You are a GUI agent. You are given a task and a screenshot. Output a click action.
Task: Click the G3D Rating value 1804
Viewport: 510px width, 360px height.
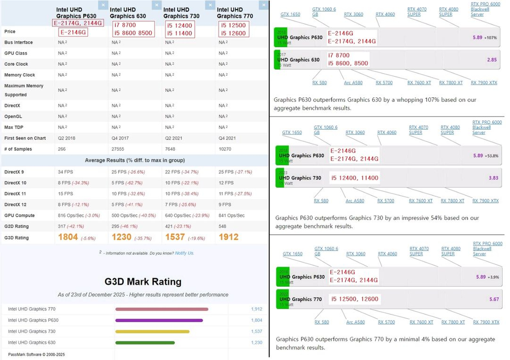pyautogui.click(x=68, y=237)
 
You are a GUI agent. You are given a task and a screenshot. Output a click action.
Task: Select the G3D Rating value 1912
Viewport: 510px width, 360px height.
pyautogui.click(x=229, y=237)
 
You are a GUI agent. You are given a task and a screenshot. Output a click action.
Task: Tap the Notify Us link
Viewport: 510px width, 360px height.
pyautogui.click(x=184, y=253)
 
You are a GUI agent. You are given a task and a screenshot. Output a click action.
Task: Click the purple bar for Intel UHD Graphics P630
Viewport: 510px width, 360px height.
pyautogui.click(x=159, y=320)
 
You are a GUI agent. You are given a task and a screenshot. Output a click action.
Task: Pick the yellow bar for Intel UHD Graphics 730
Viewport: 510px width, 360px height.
pyautogui.click(x=152, y=331)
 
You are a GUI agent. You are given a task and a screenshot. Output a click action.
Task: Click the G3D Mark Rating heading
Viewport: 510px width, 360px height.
pyautogui.click(x=143, y=282)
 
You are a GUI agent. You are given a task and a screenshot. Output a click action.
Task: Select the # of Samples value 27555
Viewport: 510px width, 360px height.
pyautogui.click(x=120, y=149)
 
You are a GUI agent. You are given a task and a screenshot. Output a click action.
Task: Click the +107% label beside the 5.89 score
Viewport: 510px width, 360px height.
pyautogui.click(x=491, y=37)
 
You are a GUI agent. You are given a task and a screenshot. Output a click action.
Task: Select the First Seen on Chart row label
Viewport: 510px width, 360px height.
pyautogui.click(x=25, y=138)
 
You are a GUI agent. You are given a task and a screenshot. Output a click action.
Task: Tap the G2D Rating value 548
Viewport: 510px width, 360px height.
pyautogui.click(x=223, y=226)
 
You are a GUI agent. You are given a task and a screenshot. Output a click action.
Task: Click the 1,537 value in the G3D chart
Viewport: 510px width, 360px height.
pyautogui.click(x=256, y=331)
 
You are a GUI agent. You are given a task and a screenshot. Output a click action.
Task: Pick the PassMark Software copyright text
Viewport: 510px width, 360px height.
pyautogui.click(x=36, y=355)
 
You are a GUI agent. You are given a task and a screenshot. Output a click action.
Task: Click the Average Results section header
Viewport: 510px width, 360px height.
pyautogui.click(x=135, y=160)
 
